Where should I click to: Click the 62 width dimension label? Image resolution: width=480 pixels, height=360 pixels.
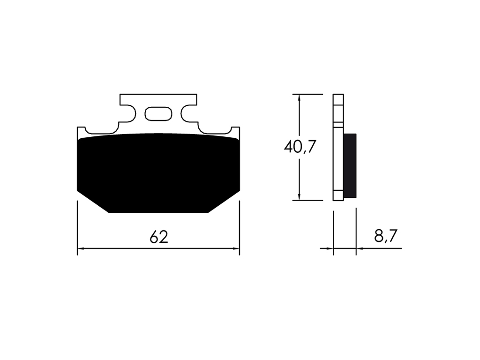click(x=159, y=237)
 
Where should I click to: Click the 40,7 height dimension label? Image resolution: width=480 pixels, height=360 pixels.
click(x=300, y=147)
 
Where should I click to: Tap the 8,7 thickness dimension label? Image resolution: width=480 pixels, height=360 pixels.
click(x=385, y=236)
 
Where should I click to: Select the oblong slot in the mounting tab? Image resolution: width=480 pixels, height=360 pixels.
click(x=158, y=114)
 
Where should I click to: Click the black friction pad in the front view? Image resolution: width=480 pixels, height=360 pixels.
click(x=158, y=172)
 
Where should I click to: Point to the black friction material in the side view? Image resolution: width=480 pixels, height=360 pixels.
click(x=350, y=165)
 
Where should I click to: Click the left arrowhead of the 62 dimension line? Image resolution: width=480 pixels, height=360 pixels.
click(x=81, y=248)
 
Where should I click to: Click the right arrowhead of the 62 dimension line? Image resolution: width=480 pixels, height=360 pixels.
click(x=236, y=248)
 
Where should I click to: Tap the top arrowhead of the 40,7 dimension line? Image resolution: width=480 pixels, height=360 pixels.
click(x=300, y=97)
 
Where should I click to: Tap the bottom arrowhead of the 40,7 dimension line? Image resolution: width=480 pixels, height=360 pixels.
click(x=300, y=197)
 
